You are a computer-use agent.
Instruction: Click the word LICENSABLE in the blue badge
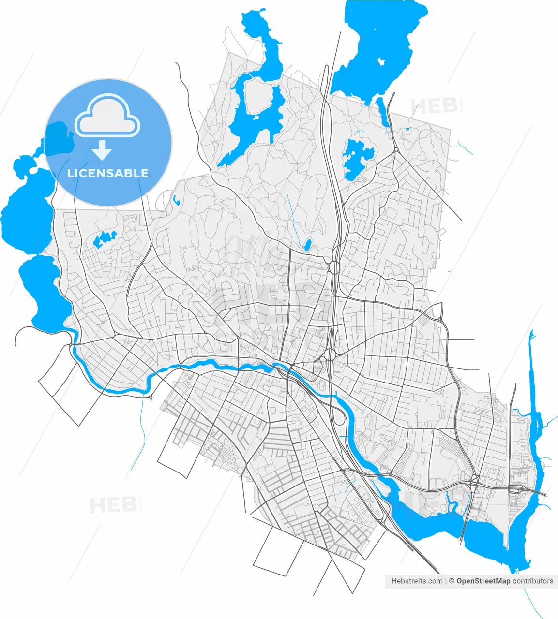[x=107, y=173]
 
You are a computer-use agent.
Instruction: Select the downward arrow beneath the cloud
[x=102, y=151]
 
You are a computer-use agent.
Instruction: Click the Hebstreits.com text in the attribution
[x=417, y=581]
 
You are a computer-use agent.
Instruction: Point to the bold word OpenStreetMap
[x=483, y=581]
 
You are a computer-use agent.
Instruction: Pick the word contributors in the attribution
[x=533, y=581]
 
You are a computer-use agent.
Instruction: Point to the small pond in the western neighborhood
[x=105, y=239]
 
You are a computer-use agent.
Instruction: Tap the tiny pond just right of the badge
[x=175, y=199]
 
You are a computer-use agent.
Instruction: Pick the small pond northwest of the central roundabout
[x=307, y=245]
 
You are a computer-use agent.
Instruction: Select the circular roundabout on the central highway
[x=333, y=266]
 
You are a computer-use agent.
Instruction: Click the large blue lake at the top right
[x=377, y=44]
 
